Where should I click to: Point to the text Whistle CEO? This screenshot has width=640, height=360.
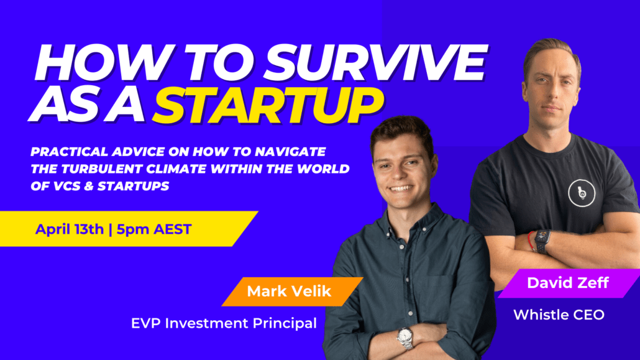point(559,315)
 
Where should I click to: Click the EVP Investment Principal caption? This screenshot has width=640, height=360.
point(224,323)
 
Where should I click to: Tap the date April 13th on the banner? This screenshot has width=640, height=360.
point(69,229)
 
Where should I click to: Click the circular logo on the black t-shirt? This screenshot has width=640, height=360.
point(582,192)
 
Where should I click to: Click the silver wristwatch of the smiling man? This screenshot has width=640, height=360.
point(405,337)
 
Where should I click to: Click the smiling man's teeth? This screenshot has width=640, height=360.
point(401,188)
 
